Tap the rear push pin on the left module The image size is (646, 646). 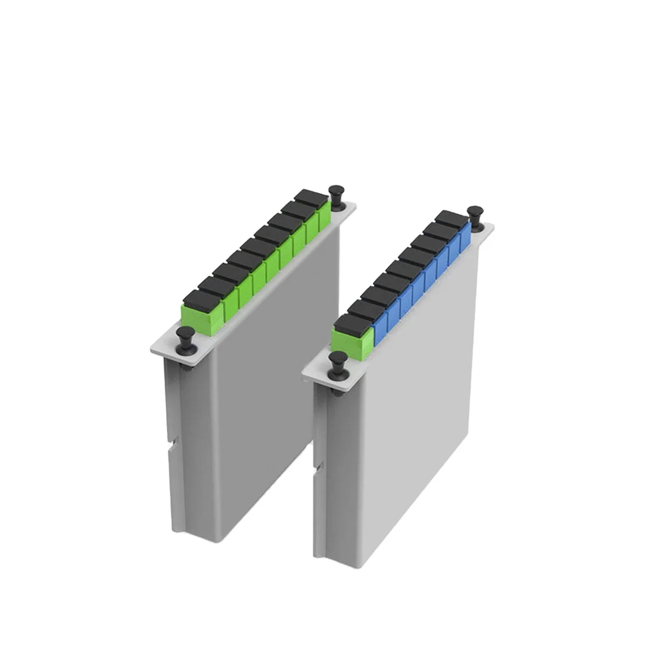[x=336, y=198]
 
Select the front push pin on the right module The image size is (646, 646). [x=339, y=363]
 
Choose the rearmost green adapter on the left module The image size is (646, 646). [x=324, y=218]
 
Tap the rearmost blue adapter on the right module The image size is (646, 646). [x=465, y=236]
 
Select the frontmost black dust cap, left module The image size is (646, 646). [x=198, y=298]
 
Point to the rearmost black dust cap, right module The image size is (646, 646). [x=451, y=218]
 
